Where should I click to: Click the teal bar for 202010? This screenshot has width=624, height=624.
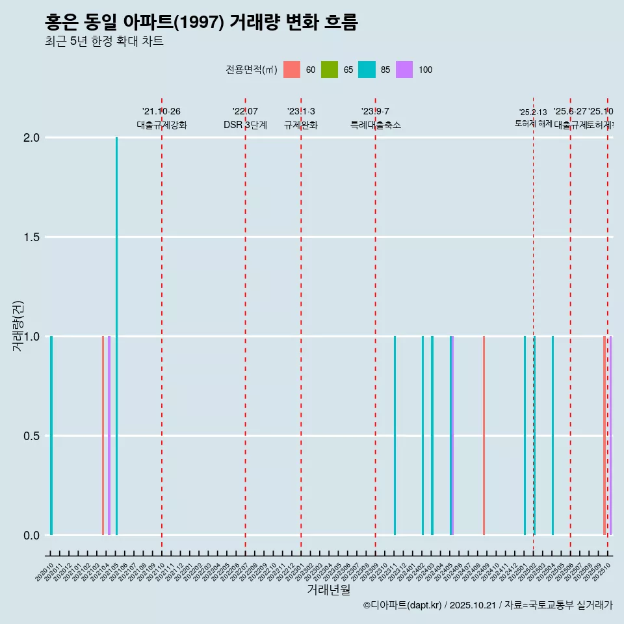click(51, 435)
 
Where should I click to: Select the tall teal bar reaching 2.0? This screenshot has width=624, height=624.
click(117, 336)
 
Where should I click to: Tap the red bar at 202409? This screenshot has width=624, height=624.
click(484, 435)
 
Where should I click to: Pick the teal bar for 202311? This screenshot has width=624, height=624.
click(395, 435)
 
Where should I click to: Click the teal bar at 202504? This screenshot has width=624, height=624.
click(552, 435)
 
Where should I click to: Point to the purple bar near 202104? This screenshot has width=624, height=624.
click(109, 435)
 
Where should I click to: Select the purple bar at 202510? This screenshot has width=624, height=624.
click(610, 435)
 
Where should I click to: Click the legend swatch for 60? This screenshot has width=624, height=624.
click(292, 70)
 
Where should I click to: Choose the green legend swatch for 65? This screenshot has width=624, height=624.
click(330, 70)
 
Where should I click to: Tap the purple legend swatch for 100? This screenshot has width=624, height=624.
click(404, 70)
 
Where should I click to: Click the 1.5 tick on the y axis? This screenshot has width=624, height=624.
click(31, 237)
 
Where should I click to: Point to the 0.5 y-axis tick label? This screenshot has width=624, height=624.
click(31, 436)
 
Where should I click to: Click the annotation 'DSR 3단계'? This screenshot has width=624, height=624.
click(245, 125)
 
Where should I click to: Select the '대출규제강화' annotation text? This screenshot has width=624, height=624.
click(162, 125)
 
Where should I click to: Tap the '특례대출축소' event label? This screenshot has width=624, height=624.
click(375, 125)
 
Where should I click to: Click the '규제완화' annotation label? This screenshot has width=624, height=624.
click(301, 125)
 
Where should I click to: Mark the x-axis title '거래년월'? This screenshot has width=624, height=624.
click(328, 590)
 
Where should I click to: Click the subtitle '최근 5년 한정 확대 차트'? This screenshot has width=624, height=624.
click(104, 42)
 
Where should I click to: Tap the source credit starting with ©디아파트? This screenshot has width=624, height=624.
click(487, 605)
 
